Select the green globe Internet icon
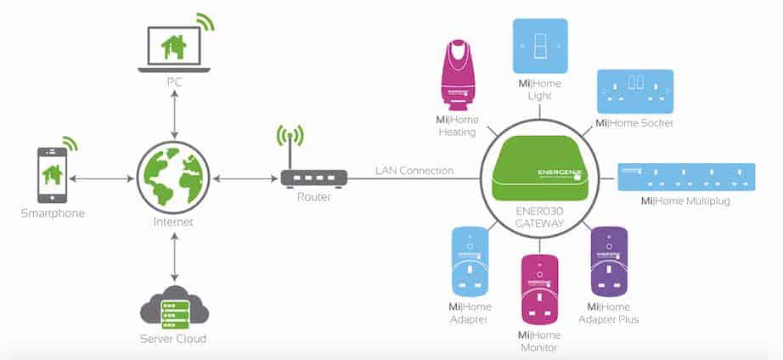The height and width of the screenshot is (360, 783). click(x=173, y=178)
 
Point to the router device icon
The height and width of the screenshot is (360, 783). click(x=313, y=179)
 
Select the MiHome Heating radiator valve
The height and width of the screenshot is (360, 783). click(x=462, y=83)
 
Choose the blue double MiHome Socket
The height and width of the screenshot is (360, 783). click(x=634, y=90)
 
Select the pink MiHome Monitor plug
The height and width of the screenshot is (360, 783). click(x=539, y=288)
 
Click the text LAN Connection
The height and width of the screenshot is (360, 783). click(x=414, y=171)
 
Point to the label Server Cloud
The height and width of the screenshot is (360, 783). click(x=173, y=339)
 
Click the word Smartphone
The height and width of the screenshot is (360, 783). click(x=54, y=213)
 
